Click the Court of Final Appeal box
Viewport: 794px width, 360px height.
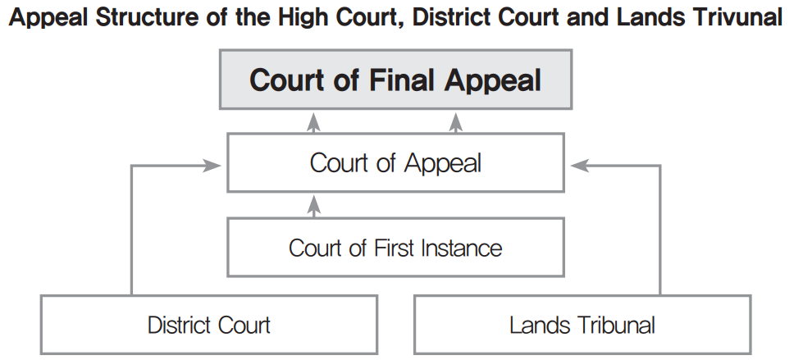(395, 80)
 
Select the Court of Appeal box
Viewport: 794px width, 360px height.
(395, 162)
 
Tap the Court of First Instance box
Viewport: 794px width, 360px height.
(395, 247)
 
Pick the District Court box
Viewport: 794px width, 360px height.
(208, 325)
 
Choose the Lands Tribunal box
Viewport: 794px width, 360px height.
(582, 325)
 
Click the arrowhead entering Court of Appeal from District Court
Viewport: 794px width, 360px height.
(215, 166)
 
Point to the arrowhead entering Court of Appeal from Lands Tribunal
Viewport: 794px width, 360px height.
(577, 166)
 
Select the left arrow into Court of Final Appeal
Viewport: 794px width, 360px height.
(313, 123)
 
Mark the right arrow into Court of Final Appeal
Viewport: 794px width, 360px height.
(456, 123)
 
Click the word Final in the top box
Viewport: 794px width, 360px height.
(399, 80)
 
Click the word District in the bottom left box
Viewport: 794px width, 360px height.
(176, 325)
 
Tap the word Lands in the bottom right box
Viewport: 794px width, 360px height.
(532, 325)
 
